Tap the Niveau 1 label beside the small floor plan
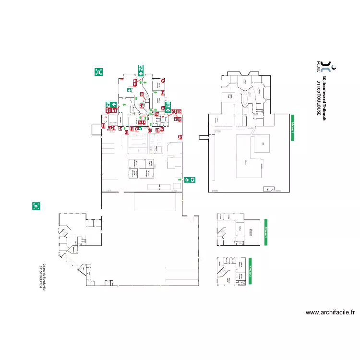pos(265,232)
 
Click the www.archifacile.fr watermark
pos(330,312)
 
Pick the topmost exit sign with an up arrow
pos(141,70)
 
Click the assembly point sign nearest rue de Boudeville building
pos(36,206)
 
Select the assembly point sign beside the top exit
pos(99,72)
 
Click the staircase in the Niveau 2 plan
pos(223,273)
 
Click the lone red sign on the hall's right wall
pos(180,137)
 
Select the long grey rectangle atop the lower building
pos(155,202)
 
